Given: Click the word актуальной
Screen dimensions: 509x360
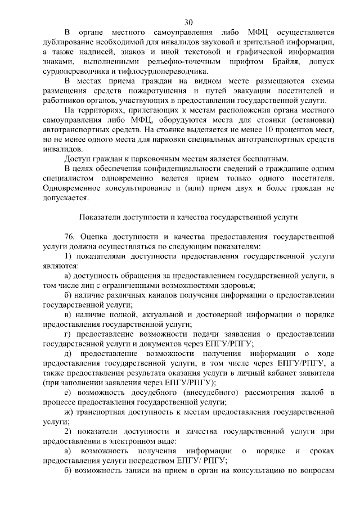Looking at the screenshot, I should click(x=152, y=314).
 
